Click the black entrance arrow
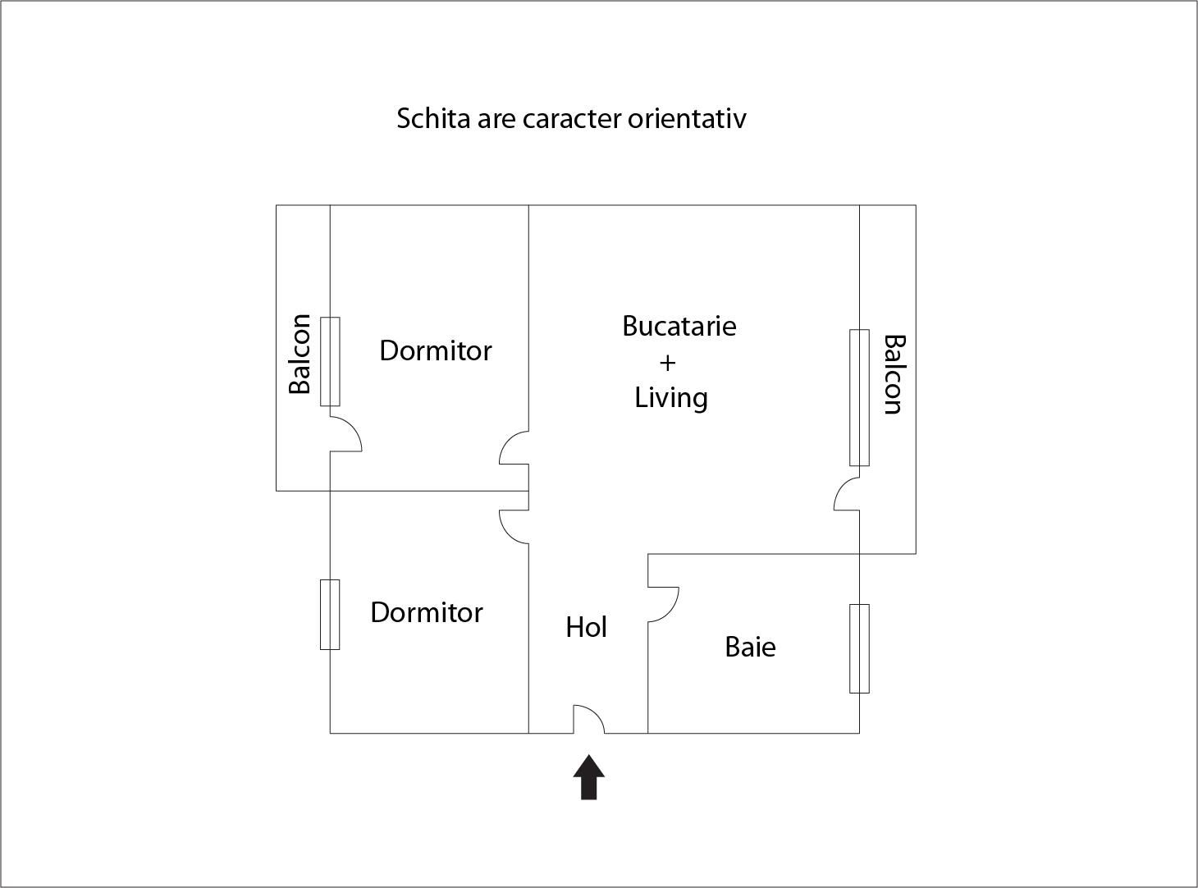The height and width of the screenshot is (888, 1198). click(x=588, y=777)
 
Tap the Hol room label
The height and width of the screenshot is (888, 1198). click(x=587, y=628)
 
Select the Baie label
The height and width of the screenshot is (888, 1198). click(x=750, y=647)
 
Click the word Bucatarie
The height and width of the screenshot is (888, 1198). click(x=679, y=326)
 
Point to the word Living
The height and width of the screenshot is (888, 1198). click(x=671, y=398)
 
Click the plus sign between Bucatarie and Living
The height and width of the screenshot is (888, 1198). click(x=668, y=362)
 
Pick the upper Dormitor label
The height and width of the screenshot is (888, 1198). click(x=436, y=350)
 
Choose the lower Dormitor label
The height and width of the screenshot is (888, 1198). click(x=427, y=612)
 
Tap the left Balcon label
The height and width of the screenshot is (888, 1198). click(x=300, y=354)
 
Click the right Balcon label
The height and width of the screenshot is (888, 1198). click(x=894, y=374)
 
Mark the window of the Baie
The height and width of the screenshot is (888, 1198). click(x=859, y=648)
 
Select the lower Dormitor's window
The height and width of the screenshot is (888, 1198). click(x=330, y=615)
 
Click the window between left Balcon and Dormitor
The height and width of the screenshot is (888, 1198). click(x=330, y=361)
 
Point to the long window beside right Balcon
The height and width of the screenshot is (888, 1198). click(x=859, y=397)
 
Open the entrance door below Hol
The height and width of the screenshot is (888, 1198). click(x=588, y=720)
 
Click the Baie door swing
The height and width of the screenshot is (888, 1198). click(x=663, y=604)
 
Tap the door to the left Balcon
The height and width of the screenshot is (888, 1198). click(x=345, y=433)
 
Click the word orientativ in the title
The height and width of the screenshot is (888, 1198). click(x=687, y=118)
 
